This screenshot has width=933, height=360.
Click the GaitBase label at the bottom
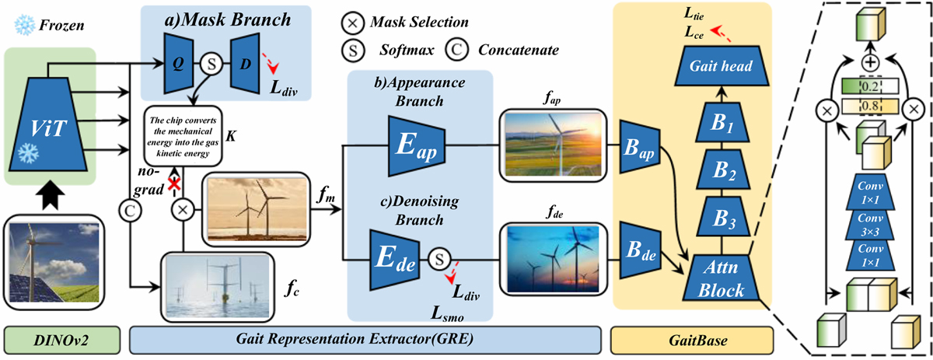(x=692, y=341)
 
